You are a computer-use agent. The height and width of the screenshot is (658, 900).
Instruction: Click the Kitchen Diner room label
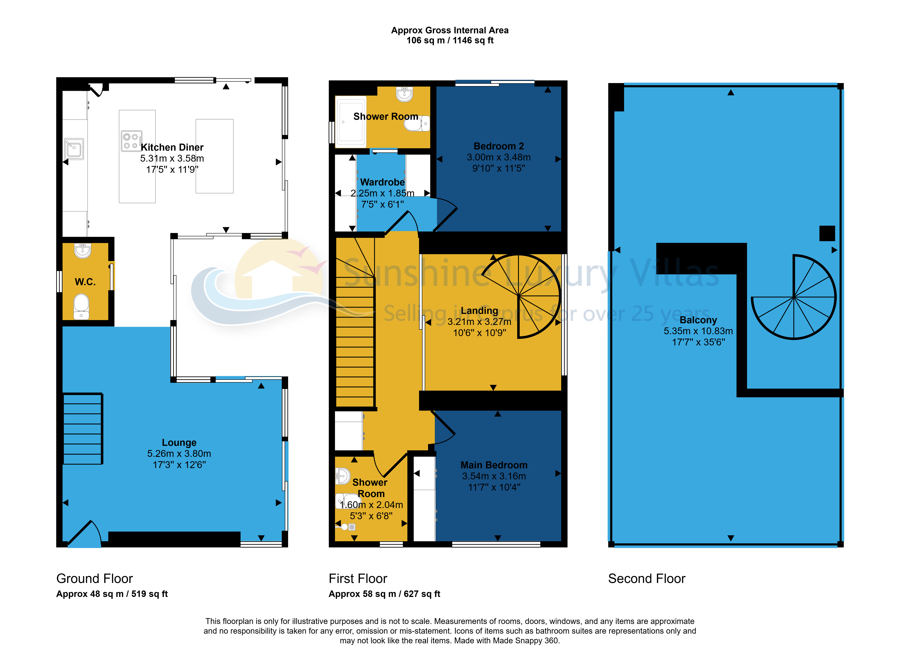(x=172, y=147)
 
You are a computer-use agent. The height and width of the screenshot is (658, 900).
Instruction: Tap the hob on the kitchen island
(x=131, y=141)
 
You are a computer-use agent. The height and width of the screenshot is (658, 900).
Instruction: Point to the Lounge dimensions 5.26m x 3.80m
(x=179, y=454)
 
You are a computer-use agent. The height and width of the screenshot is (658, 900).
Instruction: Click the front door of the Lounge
(x=84, y=534)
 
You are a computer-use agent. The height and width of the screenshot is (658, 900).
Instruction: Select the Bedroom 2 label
(x=499, y=146)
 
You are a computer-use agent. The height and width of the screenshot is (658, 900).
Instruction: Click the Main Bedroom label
(x=494, y=465)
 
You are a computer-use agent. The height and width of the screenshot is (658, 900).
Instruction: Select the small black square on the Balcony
(x=827, y=233)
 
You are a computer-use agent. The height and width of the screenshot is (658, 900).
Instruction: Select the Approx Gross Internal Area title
(x=450, y=30)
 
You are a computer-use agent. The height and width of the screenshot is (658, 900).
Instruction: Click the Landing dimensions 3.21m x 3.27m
(x=479, y=322)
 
